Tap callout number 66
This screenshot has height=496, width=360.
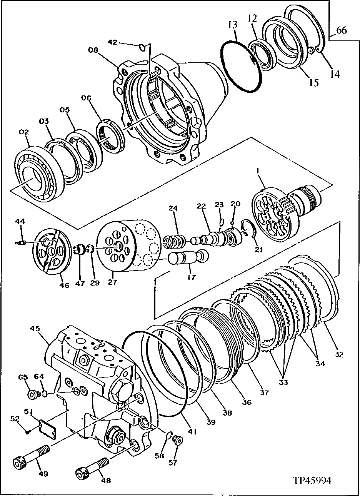coord(342,30)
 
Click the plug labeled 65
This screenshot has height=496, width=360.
coord(33,394)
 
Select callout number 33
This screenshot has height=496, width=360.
coord(283,382)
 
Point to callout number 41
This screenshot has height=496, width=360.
coord(192,432)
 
